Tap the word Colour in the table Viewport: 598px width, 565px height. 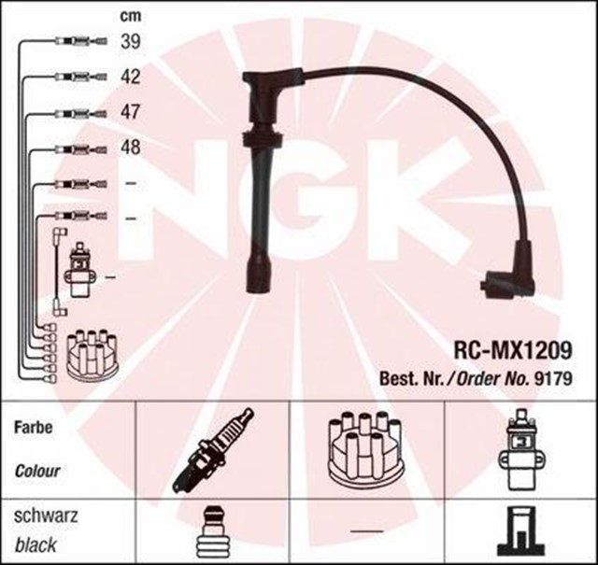37,470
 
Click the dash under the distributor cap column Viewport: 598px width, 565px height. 366,530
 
